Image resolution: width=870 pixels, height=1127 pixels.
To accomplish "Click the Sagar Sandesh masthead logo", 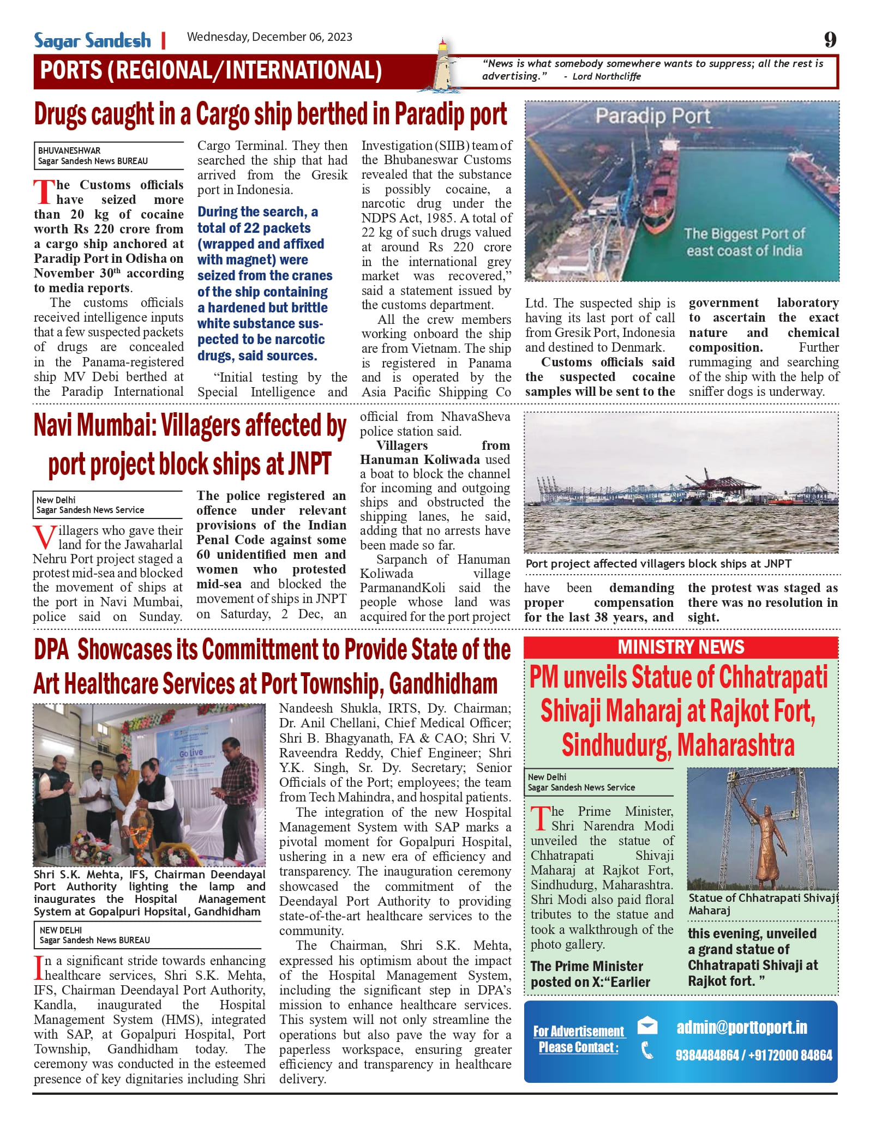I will pos(93,41).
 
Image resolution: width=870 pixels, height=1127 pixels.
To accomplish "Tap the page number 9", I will pos(830,40).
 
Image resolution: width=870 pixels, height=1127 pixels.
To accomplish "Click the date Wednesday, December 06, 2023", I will pos(269,37).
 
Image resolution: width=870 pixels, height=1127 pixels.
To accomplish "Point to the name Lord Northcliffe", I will pos(607,76).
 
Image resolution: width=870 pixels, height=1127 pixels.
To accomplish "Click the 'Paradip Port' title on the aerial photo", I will pos(652,116).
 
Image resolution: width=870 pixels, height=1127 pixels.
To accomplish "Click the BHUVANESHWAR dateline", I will pos(69,150).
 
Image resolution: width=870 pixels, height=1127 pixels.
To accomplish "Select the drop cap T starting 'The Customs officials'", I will pos(43,192).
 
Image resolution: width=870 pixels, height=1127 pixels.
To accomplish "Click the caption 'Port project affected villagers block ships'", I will pos(658,564).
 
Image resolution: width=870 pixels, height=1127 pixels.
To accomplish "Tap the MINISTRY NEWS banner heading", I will pos(681,647).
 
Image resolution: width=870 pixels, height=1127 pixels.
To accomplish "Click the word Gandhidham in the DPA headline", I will pos(443,684).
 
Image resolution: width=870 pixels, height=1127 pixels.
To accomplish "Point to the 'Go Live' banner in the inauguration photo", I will pos(191,753).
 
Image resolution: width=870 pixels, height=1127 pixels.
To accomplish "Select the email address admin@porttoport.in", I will pos(742,1027).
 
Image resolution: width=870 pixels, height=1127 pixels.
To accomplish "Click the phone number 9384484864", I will pos(707,1055).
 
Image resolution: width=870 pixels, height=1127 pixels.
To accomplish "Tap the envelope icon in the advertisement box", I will pos(647,1026).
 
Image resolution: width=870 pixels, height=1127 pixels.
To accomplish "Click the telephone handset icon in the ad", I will pos(647,1050).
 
